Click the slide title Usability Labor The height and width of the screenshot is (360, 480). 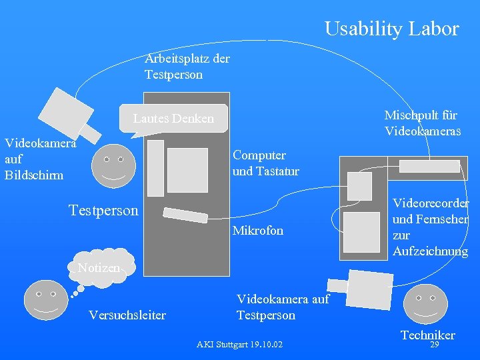pyautogui.click(x=391, y=29)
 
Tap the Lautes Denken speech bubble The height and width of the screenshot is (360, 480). pyautogui.click(x=173, y=118)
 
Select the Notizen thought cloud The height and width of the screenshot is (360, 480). pyautogui.click(x=99, y=268)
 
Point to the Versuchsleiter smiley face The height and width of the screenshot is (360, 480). pyautogui.click(x=46, y=300)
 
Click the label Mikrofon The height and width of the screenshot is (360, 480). pyautogui.click(x=257, y=231)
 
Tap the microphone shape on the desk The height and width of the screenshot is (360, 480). pyautogui.click(x=186, y=215)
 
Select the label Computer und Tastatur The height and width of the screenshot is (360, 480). pyautogui.click(x=265, y=163)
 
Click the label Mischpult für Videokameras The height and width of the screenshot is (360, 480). pyautogui.click(x=423, y=123)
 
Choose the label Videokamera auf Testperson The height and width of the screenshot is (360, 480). pyautogui.click(x=283, y=307)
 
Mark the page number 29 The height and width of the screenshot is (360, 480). pyautogui.click(x=434, y=345)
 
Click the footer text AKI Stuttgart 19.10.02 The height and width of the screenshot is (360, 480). pyautogui.click(x=239, y=345)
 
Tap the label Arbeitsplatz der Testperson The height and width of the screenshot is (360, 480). pyautogui.click(x=187, y=67)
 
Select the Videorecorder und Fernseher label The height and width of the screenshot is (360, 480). pyautogui.click(x=430, y=227)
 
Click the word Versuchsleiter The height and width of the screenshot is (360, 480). pyautogui.click(x=127, y=315)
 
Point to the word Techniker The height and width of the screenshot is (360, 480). pyautogui.click(x=427, y=335)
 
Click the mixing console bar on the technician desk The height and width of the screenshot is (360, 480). pyautogui.click(x=428, y=167)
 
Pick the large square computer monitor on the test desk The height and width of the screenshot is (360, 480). pyautogui.click(x=187, y=169)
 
